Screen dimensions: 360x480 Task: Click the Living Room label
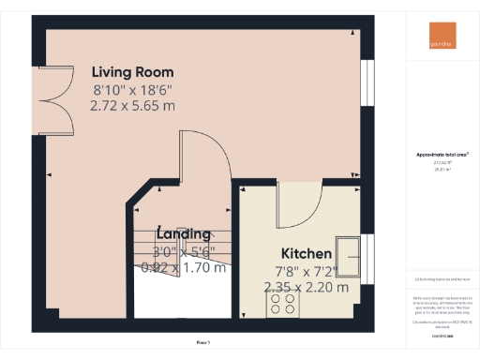click(132, 72)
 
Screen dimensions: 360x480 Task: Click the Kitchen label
click(307, 254)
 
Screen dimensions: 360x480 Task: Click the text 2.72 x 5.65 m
click(132, 106)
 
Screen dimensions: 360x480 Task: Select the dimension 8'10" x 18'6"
click(132, 90)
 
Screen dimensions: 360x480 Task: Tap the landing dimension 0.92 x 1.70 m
click(183, 267)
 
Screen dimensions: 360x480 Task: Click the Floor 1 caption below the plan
click(203, 342)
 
